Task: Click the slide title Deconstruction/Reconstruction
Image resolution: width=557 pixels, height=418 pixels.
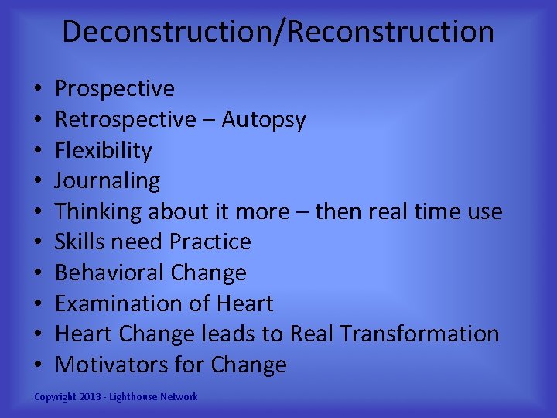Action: (x=278, y=32)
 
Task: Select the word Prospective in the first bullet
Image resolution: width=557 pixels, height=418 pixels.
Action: (x=114, y=89)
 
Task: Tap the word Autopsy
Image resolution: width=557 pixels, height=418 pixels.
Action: (x=264, y=120)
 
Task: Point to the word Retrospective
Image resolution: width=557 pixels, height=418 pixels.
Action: (x=125, y=120)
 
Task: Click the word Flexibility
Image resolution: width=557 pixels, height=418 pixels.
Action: (x=103, y=150)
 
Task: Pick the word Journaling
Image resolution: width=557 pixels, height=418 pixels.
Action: (x=108, y=181)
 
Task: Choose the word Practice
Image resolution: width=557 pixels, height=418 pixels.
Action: (x=210, y=242)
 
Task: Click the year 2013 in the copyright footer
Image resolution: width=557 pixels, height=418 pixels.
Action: (x=91, y=397)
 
